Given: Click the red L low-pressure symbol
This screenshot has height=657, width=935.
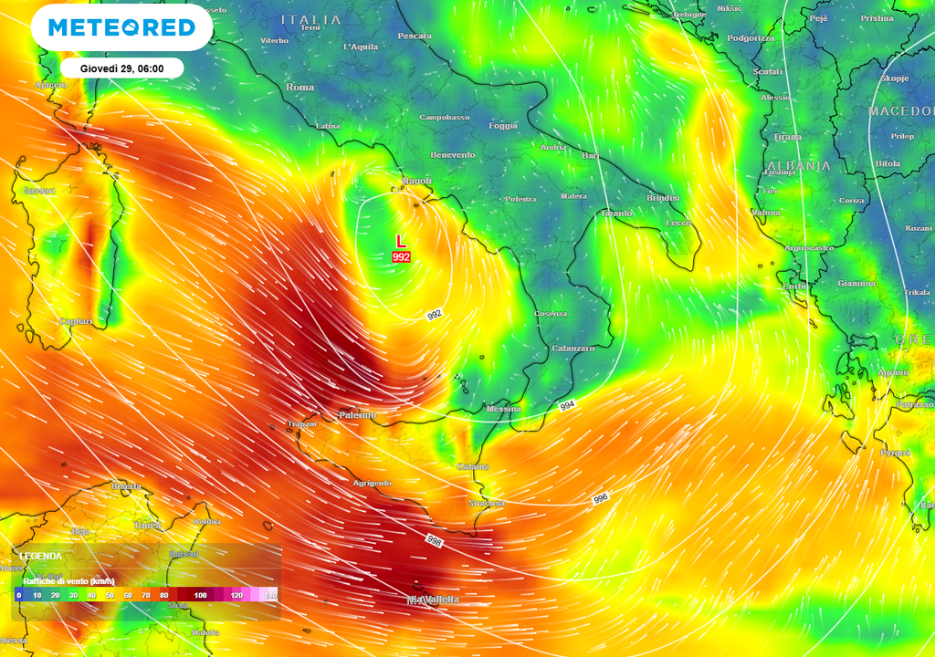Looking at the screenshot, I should (400, 241).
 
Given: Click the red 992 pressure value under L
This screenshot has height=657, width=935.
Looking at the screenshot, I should (402, 257).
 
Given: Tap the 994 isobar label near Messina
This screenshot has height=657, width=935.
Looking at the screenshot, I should (567, 404).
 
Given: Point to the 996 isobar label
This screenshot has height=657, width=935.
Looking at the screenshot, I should (600, 498).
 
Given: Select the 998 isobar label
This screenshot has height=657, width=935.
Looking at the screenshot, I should (434, 540).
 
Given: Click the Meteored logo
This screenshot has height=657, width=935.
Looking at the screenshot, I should (121, 27).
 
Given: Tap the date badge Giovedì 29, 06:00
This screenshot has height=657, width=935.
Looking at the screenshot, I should (122, 68).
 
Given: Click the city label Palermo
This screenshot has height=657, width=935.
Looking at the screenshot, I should (357, 415).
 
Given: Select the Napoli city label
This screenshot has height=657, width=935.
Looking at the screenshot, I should (416, 182).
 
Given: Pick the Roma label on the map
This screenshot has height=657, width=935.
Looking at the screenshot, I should (300, 87).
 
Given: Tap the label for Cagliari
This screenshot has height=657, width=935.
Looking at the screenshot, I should (75, 321).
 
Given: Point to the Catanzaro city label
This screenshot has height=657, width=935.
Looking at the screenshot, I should (573, 349).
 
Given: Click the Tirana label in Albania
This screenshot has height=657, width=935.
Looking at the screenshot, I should (787, 137).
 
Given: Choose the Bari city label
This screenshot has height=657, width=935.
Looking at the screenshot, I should (591, 156).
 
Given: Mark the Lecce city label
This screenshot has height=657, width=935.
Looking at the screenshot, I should (678, 223).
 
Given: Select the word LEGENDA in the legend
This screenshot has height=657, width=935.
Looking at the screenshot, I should (41, 556).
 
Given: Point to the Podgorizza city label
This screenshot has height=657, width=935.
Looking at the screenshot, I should (751, 38).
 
